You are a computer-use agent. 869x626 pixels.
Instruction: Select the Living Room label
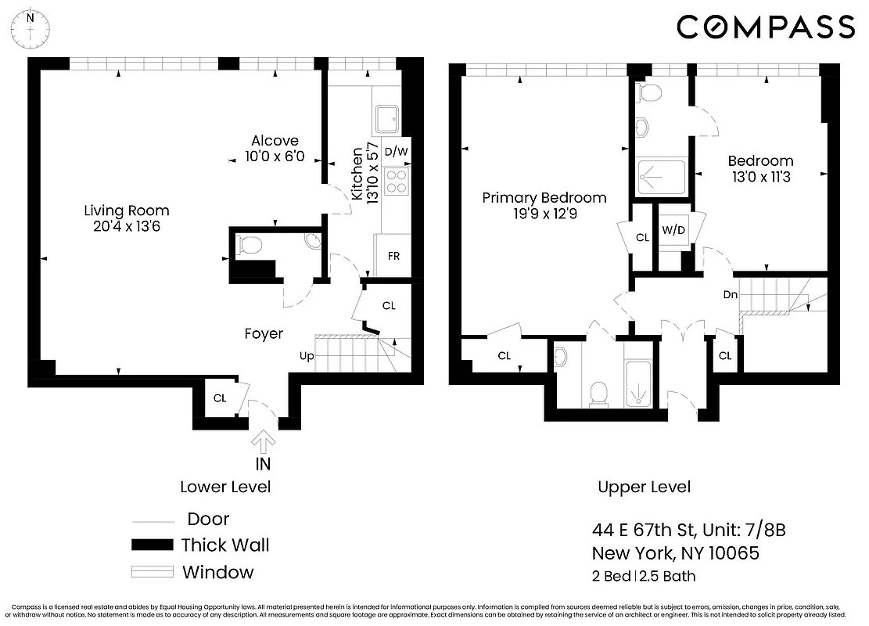pos(127,211)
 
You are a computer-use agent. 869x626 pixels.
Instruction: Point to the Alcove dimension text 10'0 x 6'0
pos(275,156)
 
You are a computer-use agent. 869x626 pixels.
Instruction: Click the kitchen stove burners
pos(397,182)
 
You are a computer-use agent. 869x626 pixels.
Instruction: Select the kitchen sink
pos(387,120)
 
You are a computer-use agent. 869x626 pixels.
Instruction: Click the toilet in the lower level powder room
pos(250,246)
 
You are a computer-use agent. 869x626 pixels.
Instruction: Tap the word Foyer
pos(264,334)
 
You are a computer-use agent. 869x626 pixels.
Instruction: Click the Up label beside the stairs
pos(307,356)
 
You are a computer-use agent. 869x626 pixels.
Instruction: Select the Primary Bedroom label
pos(544,198)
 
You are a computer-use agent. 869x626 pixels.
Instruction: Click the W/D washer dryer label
pos(673,231)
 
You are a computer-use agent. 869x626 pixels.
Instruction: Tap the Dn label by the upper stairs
pos(731,295)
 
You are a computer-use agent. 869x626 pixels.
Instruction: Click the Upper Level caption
pos(645,487)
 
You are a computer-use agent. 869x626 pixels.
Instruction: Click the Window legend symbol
pos(151,572)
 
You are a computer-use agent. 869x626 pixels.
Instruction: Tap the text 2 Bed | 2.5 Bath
pos(644,577)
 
